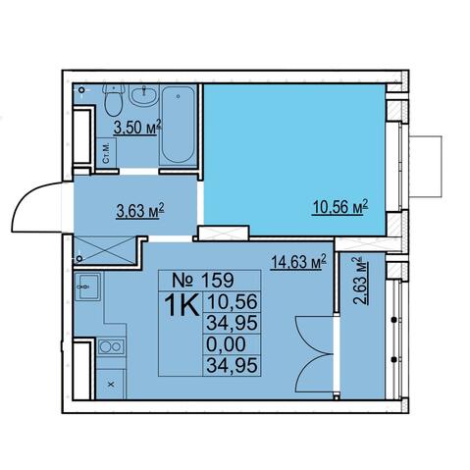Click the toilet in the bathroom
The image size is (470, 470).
(x=114, y=99)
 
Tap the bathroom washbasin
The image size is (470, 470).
(x=143, y=95)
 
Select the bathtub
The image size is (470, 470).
(x=178, y=126)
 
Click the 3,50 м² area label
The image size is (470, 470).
(x=137, y=128)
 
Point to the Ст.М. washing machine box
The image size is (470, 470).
(x=107, y=153)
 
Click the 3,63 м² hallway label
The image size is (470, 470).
(x=140, y=211)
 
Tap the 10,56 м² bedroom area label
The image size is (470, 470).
(x=340, y=207)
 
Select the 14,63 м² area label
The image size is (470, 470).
(x=298, y=262)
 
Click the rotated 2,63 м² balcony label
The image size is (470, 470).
(x=360, y=281)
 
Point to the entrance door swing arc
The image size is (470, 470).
(x=26, y=198)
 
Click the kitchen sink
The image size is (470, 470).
(x=87, y=287)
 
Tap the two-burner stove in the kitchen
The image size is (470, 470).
(x=111, y=346)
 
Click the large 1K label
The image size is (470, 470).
(x=182, y=305)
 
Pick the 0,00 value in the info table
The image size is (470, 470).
(x=226, y=344)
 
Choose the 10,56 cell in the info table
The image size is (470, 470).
(x=232, y=302)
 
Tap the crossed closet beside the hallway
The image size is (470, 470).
(x=105, y=249)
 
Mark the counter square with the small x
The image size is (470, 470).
(x=111, y=384)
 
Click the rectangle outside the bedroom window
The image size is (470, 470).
(x=426, y=167)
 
